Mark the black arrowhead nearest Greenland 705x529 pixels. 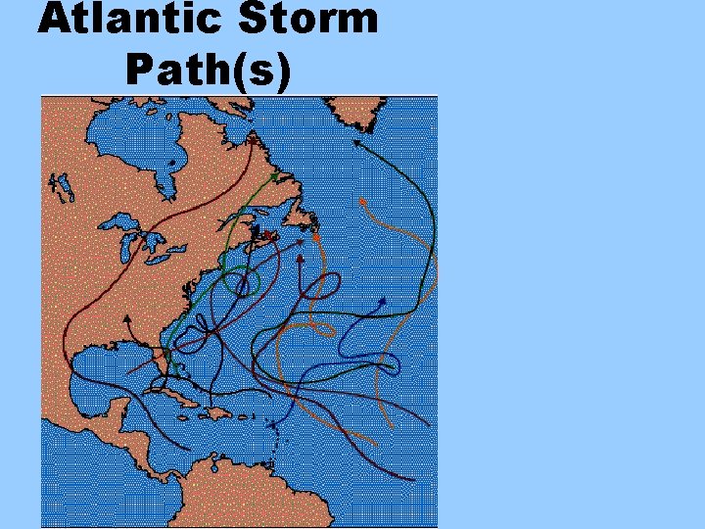click(x=356, y=142)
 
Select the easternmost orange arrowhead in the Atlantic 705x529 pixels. click(x=362, y=201)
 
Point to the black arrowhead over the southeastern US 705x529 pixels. click(x=128, y=318)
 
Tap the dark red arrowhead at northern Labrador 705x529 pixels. click(x=254, y=140)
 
